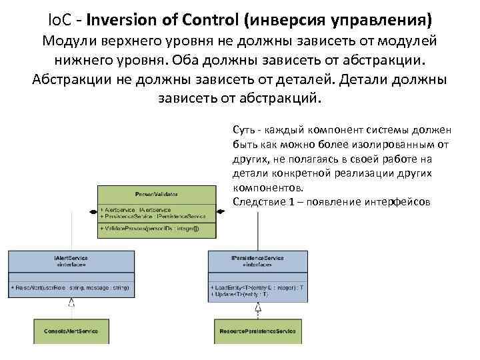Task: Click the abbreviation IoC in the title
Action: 61,16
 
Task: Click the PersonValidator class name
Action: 157,194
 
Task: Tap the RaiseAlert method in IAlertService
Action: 70,287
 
